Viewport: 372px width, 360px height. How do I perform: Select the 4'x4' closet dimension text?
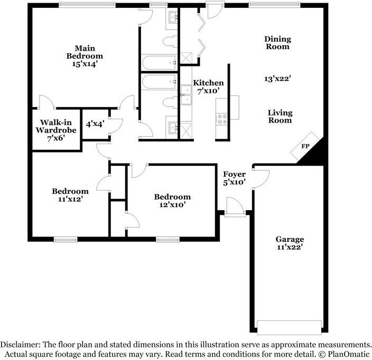tap(95, 125)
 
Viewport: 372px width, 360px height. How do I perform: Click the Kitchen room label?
tap(208, 88)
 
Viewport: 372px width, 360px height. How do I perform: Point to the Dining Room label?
tap(277, 43)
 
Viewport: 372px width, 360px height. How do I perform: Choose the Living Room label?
tap(280, 116)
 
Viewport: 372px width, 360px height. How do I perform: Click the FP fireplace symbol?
tap(305, 147)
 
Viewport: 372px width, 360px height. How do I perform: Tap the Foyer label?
tap(235, 178)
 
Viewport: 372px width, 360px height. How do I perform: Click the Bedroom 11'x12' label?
tap(70, 195)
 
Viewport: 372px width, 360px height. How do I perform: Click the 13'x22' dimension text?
tap(278, 79)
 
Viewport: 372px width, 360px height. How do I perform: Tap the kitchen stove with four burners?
tap(221, 119)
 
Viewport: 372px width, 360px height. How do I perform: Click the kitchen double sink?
tap(186, 97)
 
